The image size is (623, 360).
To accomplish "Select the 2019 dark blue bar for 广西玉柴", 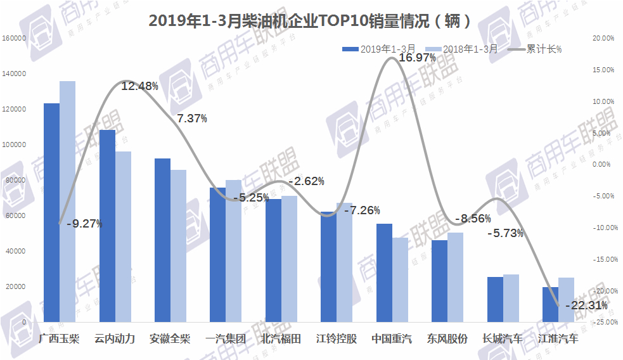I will point(51,212).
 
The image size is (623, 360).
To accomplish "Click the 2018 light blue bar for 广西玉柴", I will point(67,202).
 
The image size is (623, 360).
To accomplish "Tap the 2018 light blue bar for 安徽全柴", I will point(178,246).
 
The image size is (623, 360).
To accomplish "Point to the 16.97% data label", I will point(416,58).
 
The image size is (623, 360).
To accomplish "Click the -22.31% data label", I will point(588,305).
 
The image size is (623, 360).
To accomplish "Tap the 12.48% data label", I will point(139,86).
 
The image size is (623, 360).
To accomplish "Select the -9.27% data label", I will point(85,223).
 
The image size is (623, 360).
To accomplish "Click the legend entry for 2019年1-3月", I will point(379,49).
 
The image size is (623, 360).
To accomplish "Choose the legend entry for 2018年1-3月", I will point(461,49).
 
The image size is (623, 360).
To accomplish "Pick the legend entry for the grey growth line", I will point(536,49).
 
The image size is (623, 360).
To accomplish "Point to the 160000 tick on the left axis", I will point(13,38).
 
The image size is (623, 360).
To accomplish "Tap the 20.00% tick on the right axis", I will point(603,38).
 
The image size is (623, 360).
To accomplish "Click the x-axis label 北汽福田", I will point(281,338).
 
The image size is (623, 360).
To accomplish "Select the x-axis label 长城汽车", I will point(503,338).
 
